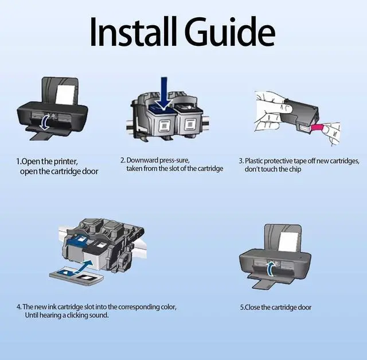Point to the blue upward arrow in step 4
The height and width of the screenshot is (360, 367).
tap(84, 264)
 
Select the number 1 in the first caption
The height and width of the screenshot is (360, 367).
tap(18, 161)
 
